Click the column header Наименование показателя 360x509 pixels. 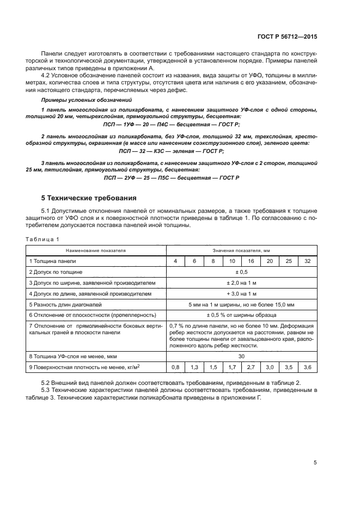click(96, 250)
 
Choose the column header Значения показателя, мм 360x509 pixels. click(240, 250)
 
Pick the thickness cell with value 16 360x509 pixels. click(251, 261)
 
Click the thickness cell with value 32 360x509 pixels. click(308, 261)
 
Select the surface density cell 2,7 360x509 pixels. click(251, 367)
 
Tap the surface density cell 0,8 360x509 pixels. click(175, 367)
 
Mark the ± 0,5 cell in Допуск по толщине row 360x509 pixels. click(241, 272)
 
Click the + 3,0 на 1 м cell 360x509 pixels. click(241, 293)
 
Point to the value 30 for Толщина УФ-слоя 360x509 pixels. click(241, 357)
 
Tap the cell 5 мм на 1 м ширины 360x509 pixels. click(241, 304)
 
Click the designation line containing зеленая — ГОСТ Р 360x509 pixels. click(172, 151)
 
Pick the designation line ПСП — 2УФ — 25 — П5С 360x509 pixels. click(172, 177)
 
